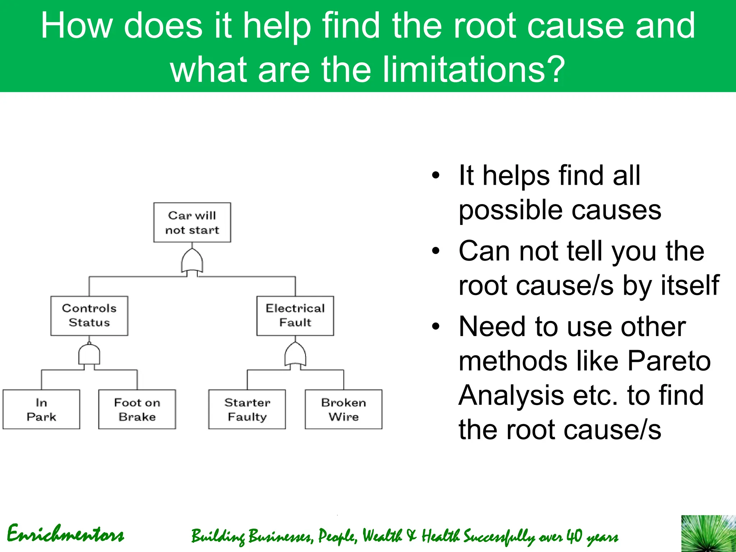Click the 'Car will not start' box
[x=192, y=222]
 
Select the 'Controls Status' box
[x=89, y=316]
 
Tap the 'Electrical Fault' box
[x=295, y=316]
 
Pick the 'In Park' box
[x=41, y=409]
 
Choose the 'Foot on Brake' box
[x=137, y=409]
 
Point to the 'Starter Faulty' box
[x=247, y=409]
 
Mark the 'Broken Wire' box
[x=344, y=409]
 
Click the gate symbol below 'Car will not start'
[x=192, y=262]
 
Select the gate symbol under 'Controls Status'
[x=89, y=355]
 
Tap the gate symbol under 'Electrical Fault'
[x=295, y=355]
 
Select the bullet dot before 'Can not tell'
[x=436, y=251]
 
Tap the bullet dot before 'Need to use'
[x=436, y=326]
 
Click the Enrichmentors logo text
[x=65, y=534]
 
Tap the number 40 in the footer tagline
[x=574, y=536]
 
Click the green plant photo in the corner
[x=708, y=534]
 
